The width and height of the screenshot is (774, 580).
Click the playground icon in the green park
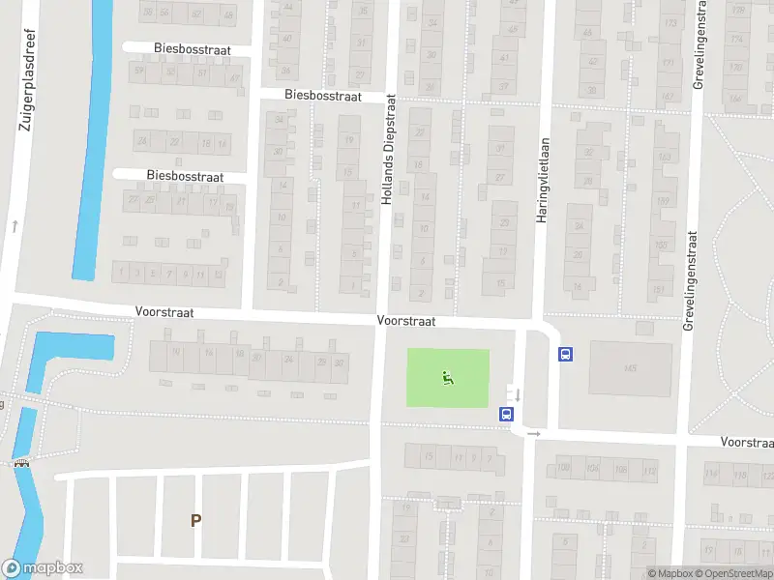pos(447,377)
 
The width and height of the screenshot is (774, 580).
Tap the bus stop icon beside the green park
pos(505,414)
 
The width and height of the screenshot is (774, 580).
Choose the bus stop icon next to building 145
pos(565,354)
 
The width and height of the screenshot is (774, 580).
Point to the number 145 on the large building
pos(630,368)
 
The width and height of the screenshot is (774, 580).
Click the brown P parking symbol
pos(195,520)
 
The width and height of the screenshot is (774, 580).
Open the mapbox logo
pos(43,568)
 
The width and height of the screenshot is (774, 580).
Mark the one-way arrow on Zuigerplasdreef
pos(15,226)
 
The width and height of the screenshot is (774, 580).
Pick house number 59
pos(140,71)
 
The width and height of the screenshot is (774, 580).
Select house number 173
pos(670,22)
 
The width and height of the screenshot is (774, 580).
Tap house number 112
pos(648,471)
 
